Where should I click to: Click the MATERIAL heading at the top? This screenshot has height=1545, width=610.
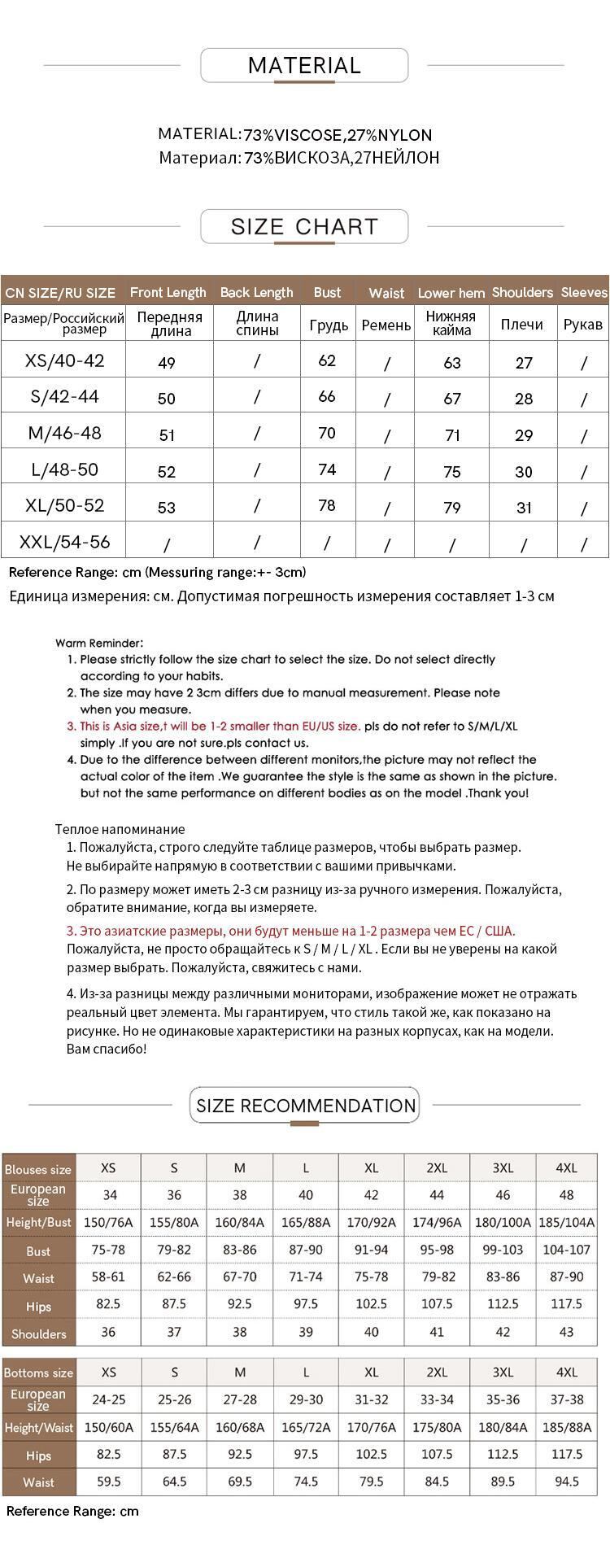point(304,66)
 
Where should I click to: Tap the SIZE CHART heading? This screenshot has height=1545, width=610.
point(304,226)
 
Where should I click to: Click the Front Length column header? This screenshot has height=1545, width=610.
point(168,292)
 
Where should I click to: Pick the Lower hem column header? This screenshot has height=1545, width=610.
point(451,293)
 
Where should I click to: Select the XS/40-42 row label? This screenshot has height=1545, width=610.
point(65,360)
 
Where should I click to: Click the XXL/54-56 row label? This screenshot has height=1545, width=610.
point(65,542)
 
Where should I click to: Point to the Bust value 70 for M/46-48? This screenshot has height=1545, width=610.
point(327,433)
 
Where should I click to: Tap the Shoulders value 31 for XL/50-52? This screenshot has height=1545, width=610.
point(524,507)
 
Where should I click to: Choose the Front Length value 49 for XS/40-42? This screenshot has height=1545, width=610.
point(167,362)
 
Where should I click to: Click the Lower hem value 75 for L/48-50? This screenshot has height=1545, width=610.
point(452,471)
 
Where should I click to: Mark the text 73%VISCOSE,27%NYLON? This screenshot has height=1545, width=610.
point(338,135)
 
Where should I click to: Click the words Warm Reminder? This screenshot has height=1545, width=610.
point(99,643)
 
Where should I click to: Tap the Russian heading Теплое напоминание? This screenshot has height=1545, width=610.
point(120,829)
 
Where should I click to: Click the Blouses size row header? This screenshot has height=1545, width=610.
point(38,1169)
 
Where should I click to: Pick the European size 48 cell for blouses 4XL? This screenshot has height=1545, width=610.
point(566,1194)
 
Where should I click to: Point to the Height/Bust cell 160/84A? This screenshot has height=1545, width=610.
point(239,1222)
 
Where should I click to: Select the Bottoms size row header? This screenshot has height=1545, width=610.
point(38,1373)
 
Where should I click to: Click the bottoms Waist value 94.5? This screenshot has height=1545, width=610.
point(566,1482)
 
